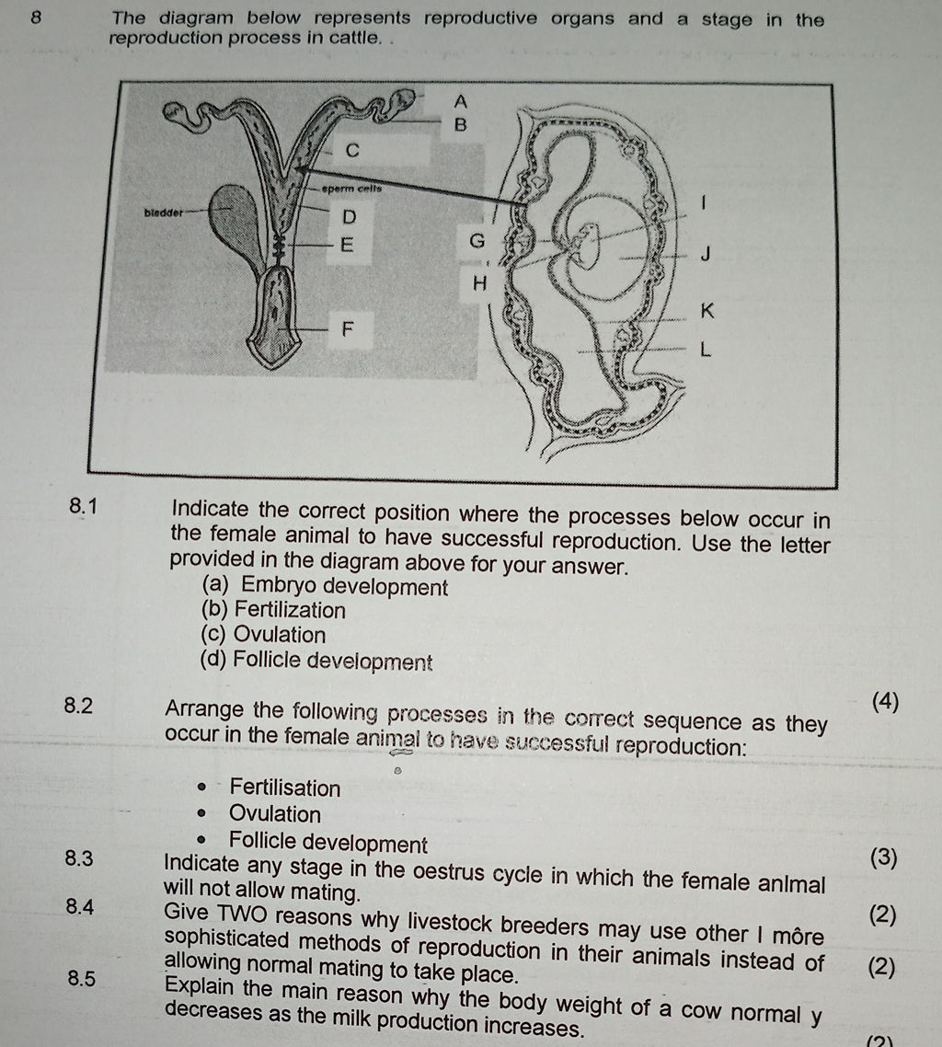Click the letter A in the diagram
(x=462, y=99)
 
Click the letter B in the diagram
(x=462, y=123)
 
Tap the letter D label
(x=349, y=218)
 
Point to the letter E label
(x=347, y=245)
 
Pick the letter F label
(x=349, y=328)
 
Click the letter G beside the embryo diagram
(x=476, y=242)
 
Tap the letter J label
(x=705, y=254)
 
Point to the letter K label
(x=706, y=311)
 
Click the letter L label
(x=706, y=350)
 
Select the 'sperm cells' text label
(x=352, y=189)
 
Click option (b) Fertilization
(x=273, y=611)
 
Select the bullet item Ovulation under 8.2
(x=275, y=815)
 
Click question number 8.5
(x=80, y=979)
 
